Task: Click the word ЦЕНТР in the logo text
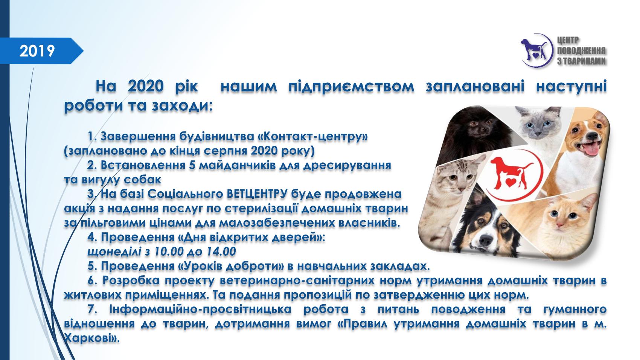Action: tap(568, 41)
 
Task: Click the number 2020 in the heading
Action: tap(146, 86)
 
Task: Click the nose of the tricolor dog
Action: tap(485, 240)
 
